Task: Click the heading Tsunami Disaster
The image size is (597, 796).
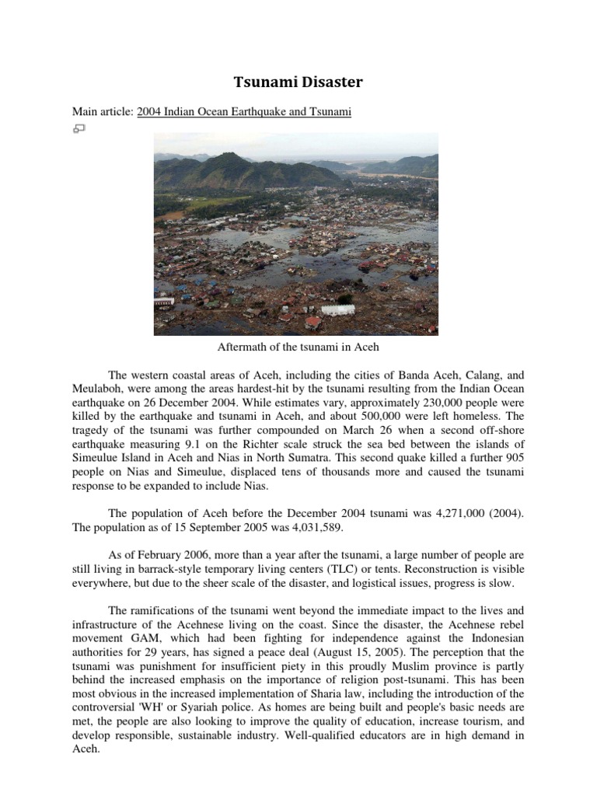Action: point(299,82)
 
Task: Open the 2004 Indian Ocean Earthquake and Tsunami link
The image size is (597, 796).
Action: point(244,112)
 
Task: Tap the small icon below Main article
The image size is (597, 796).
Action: point(79,127)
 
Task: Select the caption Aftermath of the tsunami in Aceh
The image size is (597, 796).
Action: point(299,347)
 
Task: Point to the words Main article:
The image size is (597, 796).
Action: point(102,112)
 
